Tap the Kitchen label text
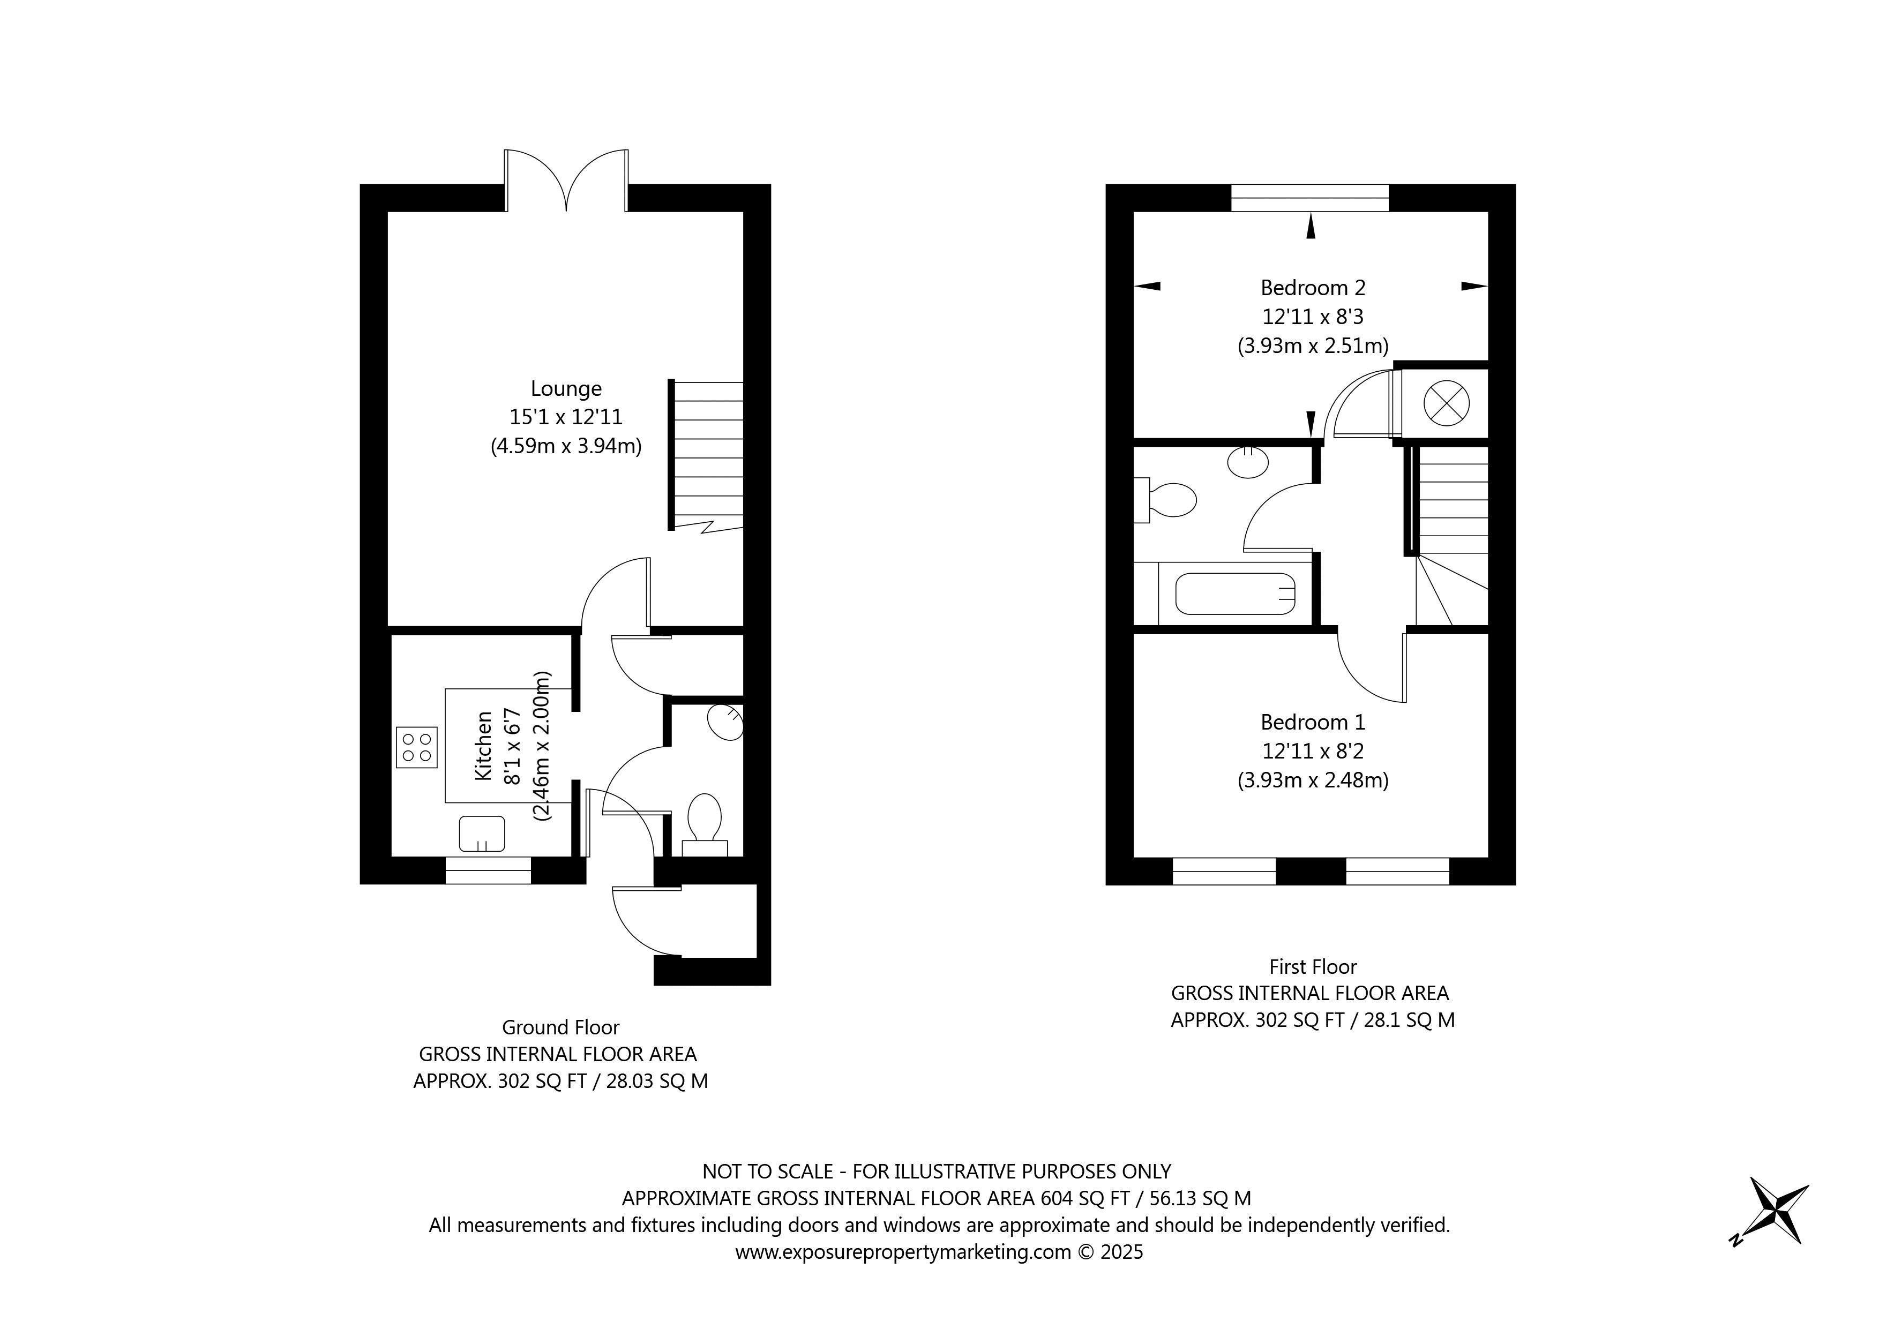[484, 746]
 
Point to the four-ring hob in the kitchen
[416, 747]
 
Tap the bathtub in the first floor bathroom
[1235, 594]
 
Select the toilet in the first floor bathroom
[1168, 499]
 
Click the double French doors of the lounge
[566, 182]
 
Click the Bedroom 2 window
[1310, 198]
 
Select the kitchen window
[489, 870]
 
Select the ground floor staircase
[707, 454]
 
